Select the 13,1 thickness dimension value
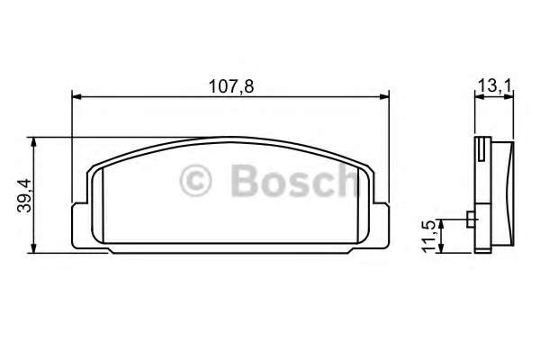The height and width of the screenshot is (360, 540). pyautogui.click(x=494, y=84)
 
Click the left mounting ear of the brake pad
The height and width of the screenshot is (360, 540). pyautogui.click(x=79, y=223)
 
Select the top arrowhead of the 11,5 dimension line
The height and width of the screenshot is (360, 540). pyautogui.click(x=442, y=221)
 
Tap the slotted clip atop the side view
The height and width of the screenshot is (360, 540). pyautogui.click(x=483, y=145)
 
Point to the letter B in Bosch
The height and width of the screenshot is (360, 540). pyautogui.click(x=243, y=180)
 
